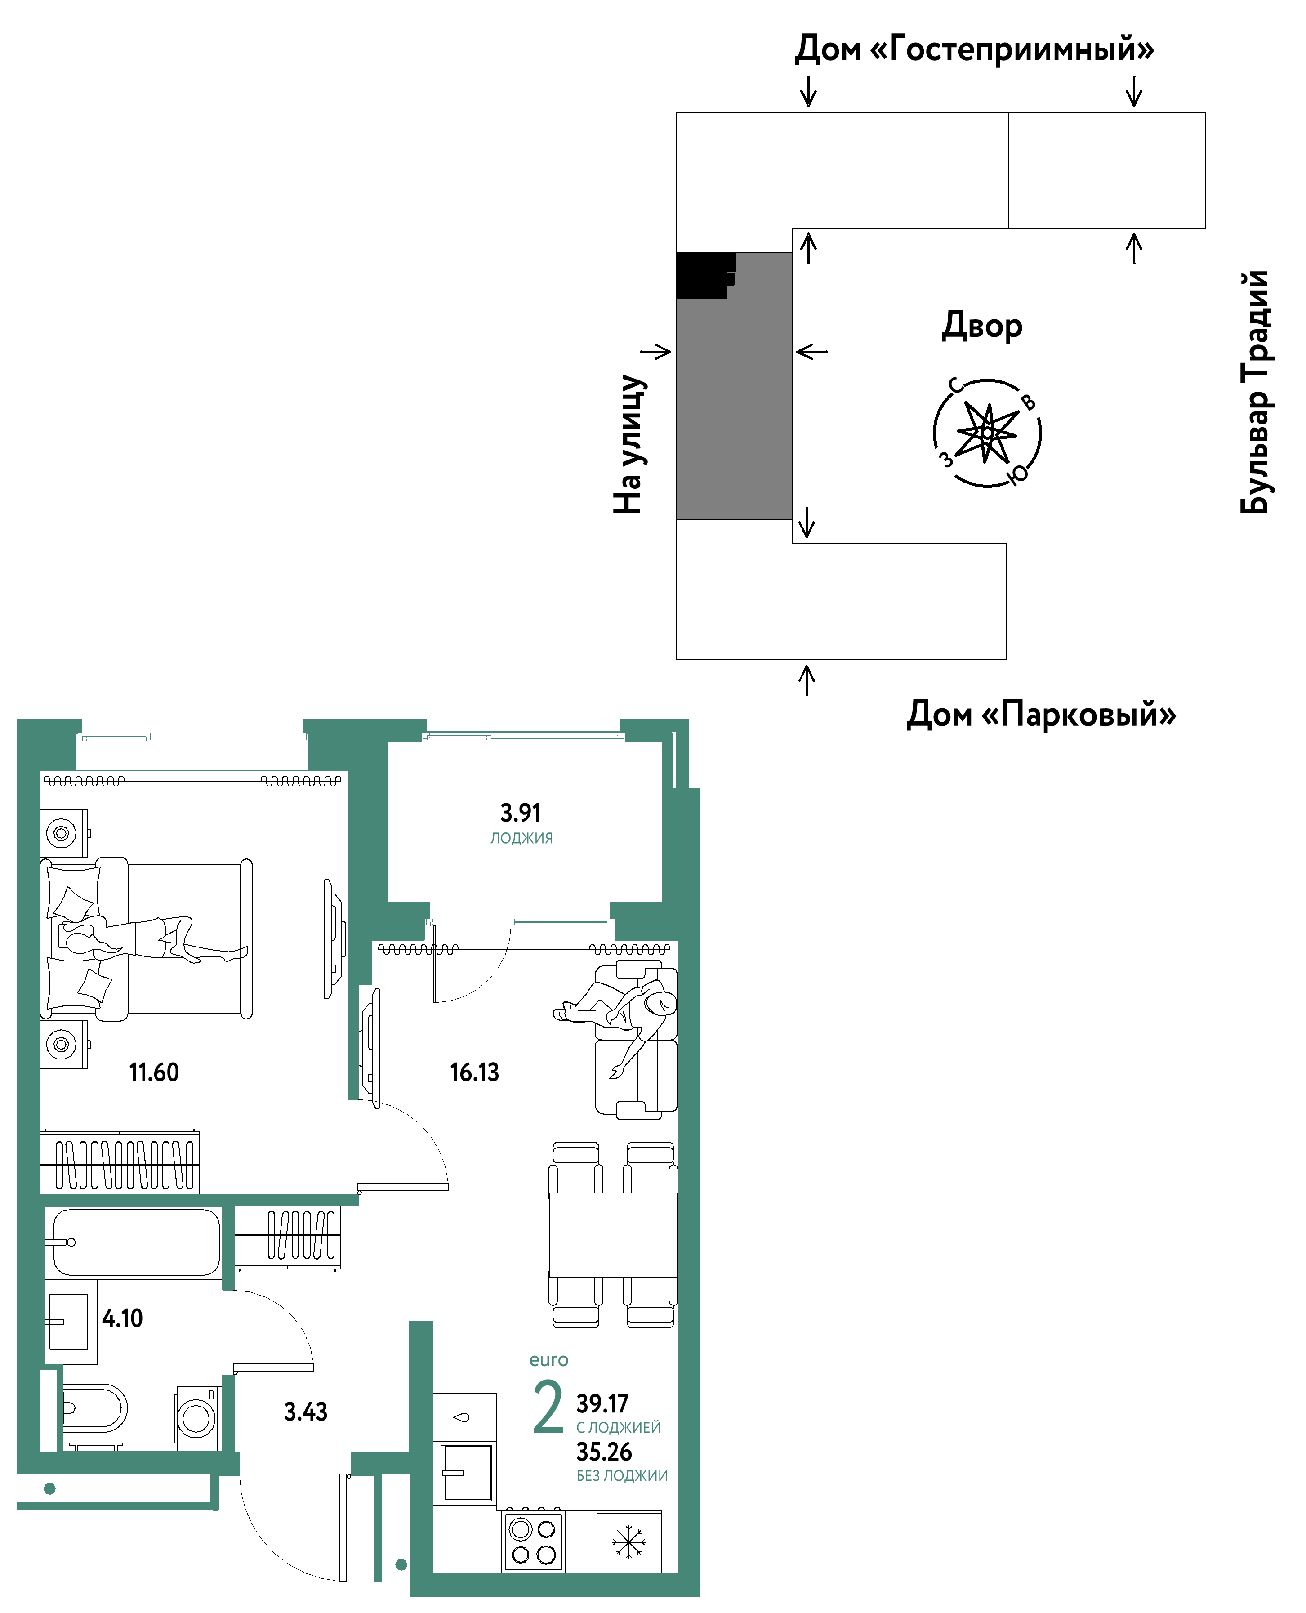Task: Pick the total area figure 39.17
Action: [602, 1403]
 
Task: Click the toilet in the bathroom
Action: [94, 1408]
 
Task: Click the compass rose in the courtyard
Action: [987, 433]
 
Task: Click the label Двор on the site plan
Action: [982, 326]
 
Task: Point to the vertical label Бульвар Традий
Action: [1254, 391]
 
